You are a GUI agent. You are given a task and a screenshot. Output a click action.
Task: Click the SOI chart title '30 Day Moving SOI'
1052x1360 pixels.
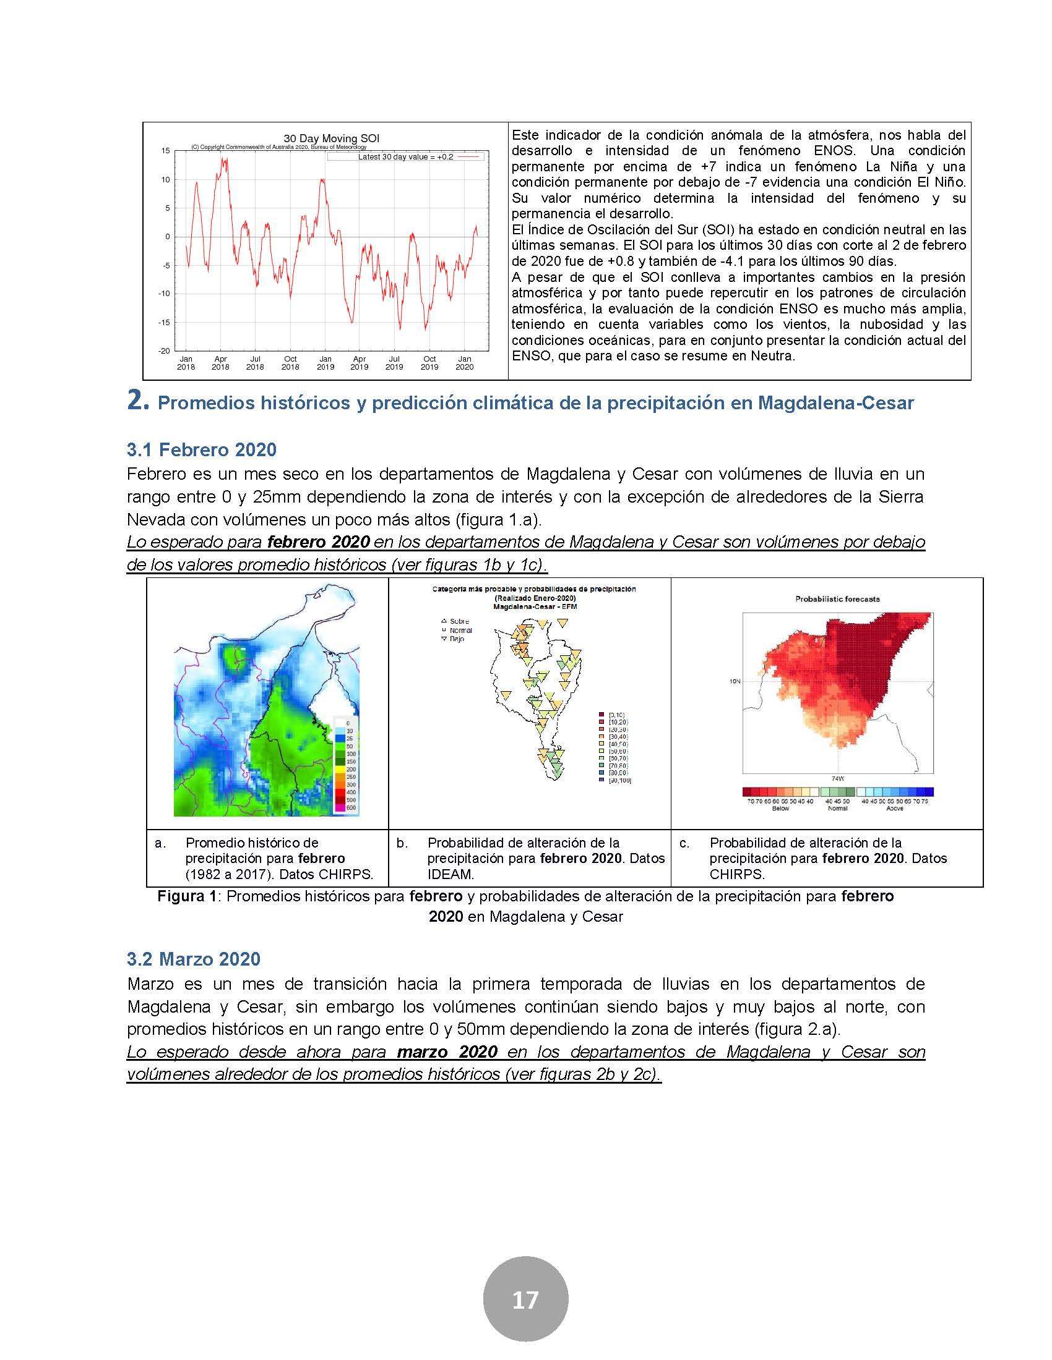331,138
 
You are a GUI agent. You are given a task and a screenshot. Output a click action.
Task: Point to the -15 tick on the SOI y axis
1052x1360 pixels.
165,323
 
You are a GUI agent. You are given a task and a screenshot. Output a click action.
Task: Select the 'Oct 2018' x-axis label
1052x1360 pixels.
290,363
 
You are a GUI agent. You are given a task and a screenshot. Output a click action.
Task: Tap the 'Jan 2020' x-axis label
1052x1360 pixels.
465,363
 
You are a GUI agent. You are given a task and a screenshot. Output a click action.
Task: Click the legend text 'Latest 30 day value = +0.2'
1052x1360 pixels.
405,157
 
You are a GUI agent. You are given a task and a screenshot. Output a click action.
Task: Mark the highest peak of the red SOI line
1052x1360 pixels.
223,159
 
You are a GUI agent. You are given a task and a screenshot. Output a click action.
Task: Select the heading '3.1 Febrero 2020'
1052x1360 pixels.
201,449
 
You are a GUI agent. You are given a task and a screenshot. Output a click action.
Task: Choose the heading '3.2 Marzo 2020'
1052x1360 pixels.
193,959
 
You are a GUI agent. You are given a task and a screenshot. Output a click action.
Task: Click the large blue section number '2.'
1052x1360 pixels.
138,402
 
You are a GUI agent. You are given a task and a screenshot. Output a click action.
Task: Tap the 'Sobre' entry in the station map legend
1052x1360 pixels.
459,621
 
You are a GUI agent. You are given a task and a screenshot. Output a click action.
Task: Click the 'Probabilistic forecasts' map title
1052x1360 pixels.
837,599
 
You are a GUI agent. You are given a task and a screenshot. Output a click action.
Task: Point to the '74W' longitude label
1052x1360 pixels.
838,778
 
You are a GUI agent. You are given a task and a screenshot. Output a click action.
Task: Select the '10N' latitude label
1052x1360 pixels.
734,681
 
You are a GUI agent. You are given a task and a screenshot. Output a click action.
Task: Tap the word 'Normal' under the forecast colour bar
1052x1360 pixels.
837,809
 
